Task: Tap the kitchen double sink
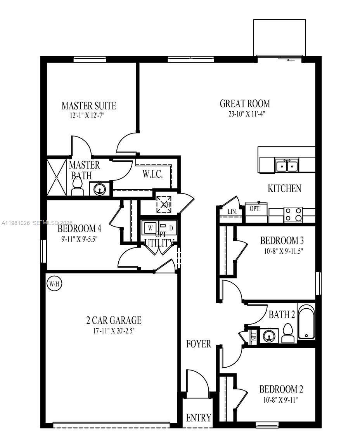pyautogui.click(x=287, y=166)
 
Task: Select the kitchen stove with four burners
pyautogui.click(x=293, y=214)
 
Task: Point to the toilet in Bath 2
pyautogui.click(x=287, y=334)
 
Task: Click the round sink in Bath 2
pyautogui.click(x=268, y=335)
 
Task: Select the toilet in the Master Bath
pyautogui.click(x=77, y=188)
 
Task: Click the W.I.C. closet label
pyautogui.click(x=152, y=174)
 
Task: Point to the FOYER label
pyautogui.click(x=198, y=344)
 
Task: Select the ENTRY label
pyautogui.click(x=198, y=418)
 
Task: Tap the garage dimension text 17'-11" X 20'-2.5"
pyautogui.click(x=113, y=331)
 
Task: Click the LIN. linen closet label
pyautogui.click(x=232, y=212)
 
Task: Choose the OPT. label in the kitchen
pyautogui.click(x=254, y=208)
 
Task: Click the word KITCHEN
pyautogui.click(x=284, y=188)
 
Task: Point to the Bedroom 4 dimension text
pyautogui.click(x=79, y=239)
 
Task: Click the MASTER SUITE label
pyautogui.click(x=89, y=105)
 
